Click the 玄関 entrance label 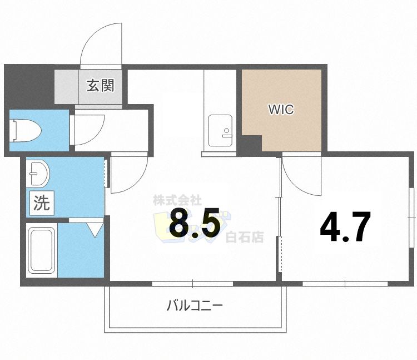[100, 86]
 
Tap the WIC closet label [281, 110]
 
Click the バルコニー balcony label [195, 305]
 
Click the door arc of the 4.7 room [300, 175]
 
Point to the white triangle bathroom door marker [94, 229]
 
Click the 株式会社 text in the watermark [177, 200]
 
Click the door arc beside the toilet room [89, 129]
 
